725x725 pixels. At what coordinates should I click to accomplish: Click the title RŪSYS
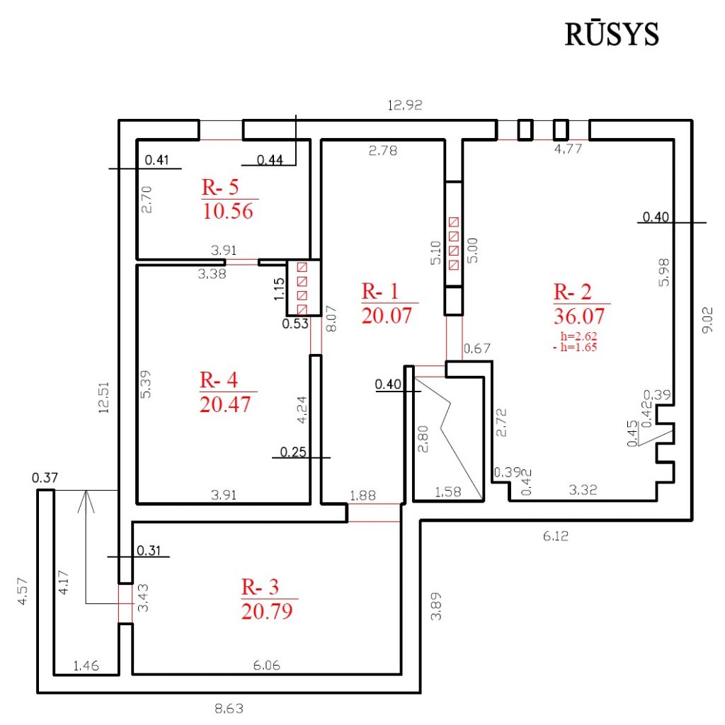[612, 34]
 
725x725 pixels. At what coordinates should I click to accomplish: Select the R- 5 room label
[220, 187]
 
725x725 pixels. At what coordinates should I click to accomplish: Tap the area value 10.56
[228, 211]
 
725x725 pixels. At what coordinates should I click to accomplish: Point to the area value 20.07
[387, 315]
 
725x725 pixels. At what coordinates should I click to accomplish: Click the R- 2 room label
[572, 292]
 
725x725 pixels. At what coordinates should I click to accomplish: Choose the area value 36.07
[579, 316]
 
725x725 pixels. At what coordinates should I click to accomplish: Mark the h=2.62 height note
[578, 336]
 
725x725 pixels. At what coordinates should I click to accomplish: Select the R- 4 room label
[219, 380]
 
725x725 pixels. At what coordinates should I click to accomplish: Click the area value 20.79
[267, 611]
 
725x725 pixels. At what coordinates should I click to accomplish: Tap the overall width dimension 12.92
[404, 105]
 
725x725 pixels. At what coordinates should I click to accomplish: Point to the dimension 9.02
[707, 320]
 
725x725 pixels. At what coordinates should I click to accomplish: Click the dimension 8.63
[229, 708]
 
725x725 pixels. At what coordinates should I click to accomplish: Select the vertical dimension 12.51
[103, 397]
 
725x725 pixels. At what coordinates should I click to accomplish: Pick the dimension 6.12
[555, 536]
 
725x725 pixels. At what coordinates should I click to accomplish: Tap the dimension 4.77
[569, 149]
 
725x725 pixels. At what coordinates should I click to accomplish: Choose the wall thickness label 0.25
[293, 452]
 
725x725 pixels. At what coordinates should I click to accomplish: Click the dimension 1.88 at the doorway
[362, 496]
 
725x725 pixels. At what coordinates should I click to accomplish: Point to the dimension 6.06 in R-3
[267, 666]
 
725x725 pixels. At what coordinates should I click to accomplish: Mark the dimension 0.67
[476, 348]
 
